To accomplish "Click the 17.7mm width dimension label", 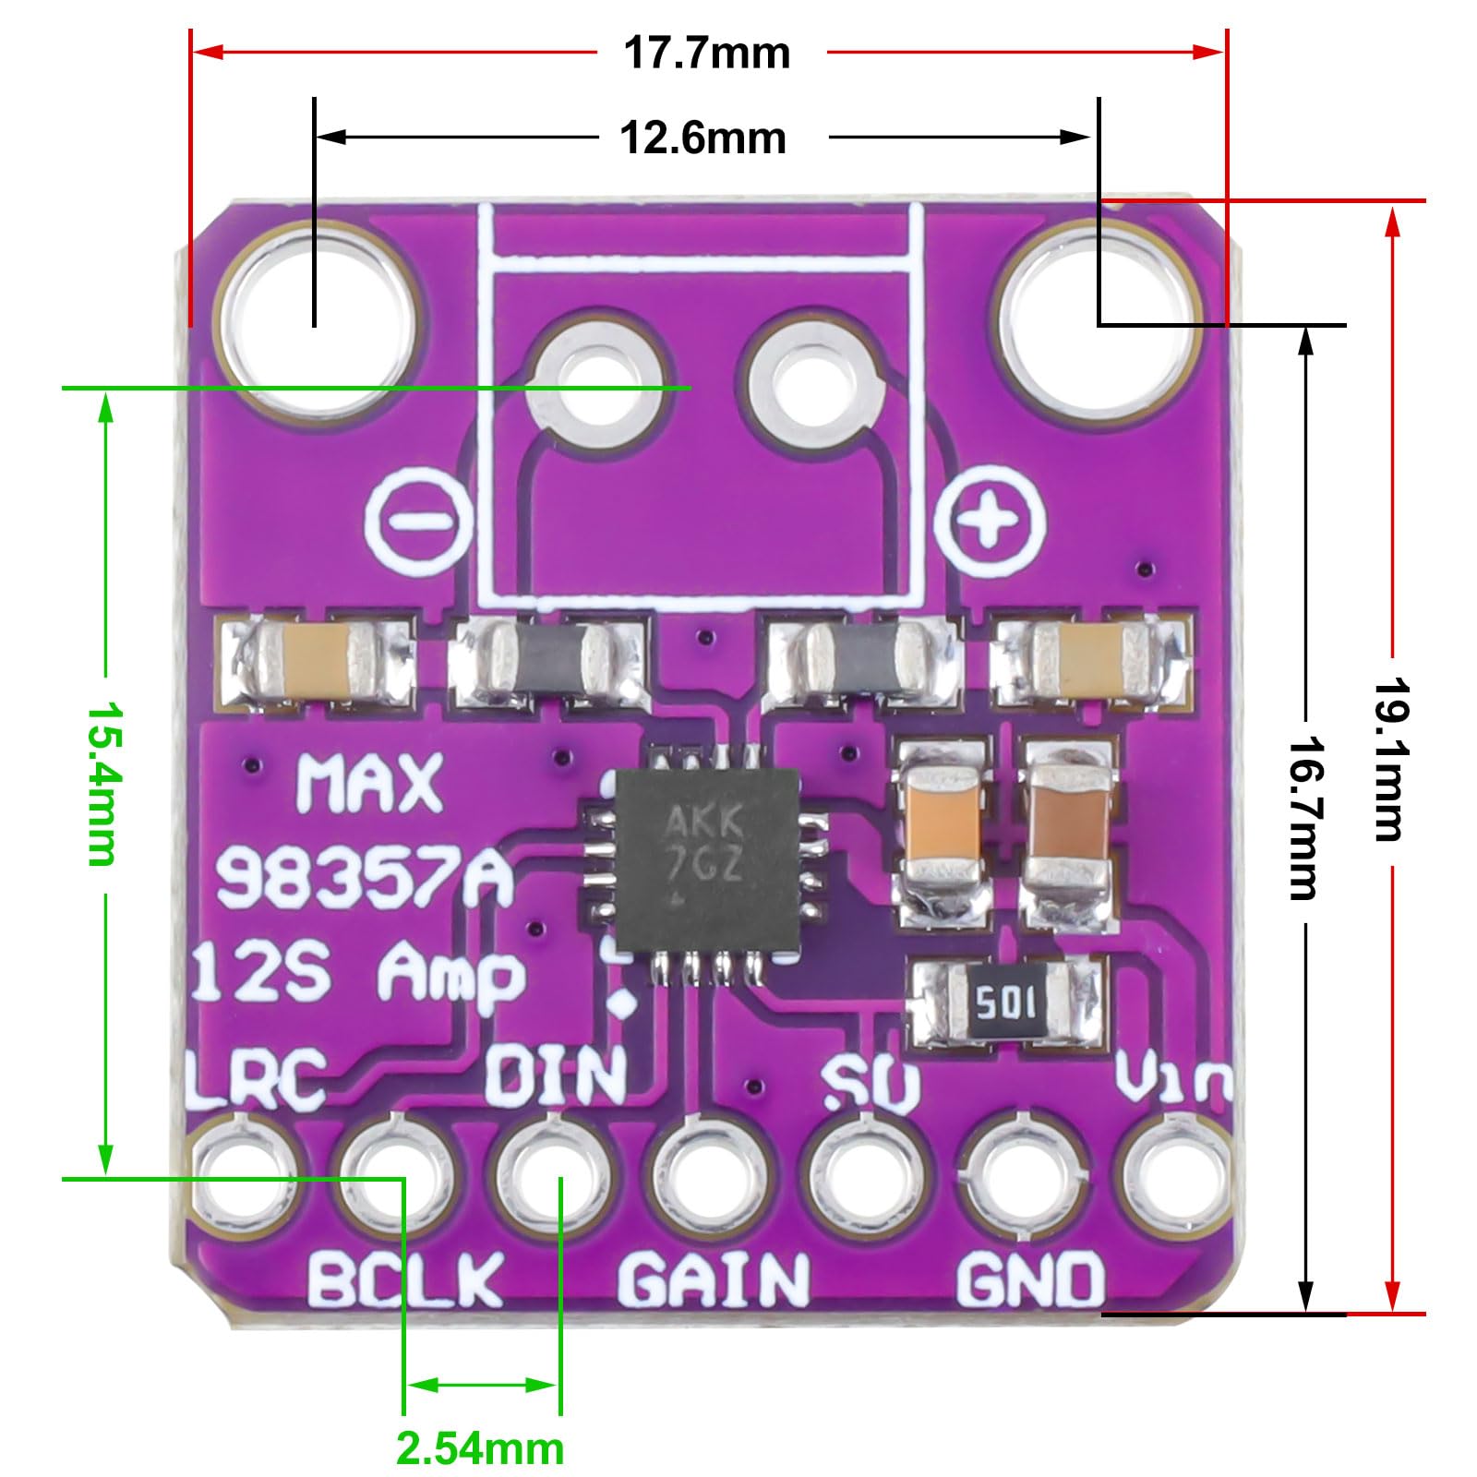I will tap(706, 54).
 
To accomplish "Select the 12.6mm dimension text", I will tap(702, 138).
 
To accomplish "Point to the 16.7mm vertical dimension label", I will tap(1303, 817).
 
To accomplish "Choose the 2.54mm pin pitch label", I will tap(480, 1448).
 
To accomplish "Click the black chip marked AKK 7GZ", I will tap(706, 859).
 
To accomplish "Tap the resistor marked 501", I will tap(1006, 1003).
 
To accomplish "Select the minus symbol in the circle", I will tap(420, 521).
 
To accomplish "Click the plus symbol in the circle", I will tap(990, 521).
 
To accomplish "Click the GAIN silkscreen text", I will tap(713, 1279).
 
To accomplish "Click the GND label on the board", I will tap(1029, 1279).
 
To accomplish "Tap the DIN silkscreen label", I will tap(556, 1076).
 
